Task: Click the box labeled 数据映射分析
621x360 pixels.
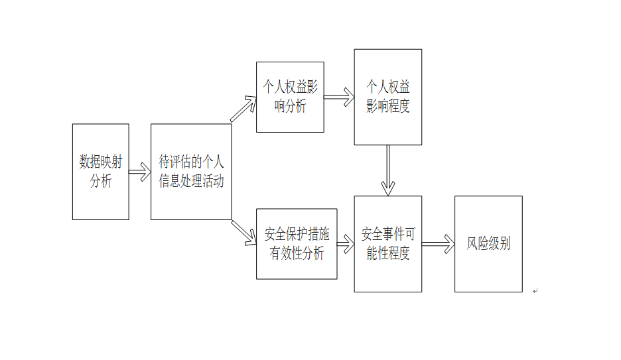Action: [101, 172]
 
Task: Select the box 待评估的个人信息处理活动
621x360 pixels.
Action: [191, 172]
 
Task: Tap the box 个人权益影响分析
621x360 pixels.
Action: [290, 97]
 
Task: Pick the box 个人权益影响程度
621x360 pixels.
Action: [387, 97]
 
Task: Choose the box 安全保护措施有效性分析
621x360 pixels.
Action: [297, 244]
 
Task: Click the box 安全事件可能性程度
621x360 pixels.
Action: [387, 244]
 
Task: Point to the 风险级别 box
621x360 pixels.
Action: [488, 244]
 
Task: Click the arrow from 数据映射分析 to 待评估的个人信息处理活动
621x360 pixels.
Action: [140, 172]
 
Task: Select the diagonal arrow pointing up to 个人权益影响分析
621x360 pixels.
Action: [243, 109]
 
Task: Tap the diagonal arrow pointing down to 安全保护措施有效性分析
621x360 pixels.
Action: [244, 233]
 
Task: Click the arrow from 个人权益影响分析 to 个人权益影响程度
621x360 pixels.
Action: [339, 97]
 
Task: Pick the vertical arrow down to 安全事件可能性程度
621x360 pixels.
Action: [387, 170]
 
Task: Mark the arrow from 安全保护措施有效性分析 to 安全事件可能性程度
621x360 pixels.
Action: [346, 244]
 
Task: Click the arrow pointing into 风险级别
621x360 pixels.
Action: [438, 244]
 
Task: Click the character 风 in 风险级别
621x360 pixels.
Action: [472, 243]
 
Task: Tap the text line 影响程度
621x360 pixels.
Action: [387, 106]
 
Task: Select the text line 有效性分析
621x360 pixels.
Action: [297, 253]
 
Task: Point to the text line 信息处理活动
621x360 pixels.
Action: [191, 181]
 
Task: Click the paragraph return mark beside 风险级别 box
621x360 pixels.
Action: [535, 291]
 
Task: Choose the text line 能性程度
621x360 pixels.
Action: [387, 253]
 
